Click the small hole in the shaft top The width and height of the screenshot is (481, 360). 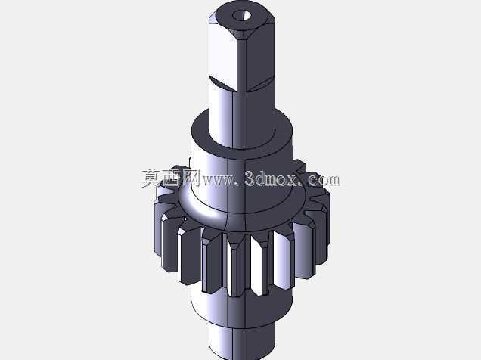pos(241,15)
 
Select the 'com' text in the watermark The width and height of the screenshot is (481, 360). pos(324,179)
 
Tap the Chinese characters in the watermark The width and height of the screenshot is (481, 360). pos(171,178)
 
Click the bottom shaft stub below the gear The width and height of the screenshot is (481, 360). pos(241,342)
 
